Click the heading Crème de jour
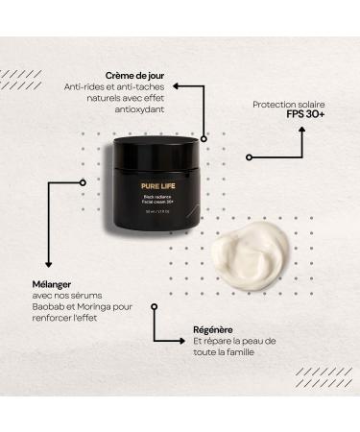[x=135, y=74]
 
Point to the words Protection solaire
[x=291, y=104]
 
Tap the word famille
[x=250, y=354]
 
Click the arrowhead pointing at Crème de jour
[x=177, y=85]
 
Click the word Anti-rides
[x=83, y=85]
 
